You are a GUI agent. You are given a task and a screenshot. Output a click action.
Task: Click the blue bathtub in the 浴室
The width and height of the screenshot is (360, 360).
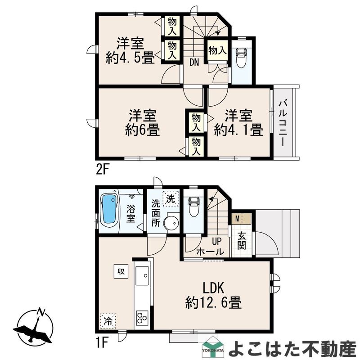tap(109, 209)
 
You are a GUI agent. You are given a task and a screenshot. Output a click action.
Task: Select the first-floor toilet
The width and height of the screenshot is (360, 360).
tap(193, 207)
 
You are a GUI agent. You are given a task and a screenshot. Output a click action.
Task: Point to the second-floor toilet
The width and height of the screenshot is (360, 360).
tap(241, 58)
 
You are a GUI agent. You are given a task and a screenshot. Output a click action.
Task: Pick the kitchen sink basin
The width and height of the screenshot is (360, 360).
tap(142, 275)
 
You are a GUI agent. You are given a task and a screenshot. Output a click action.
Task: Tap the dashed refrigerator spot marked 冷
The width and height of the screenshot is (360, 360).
tap(108, 321)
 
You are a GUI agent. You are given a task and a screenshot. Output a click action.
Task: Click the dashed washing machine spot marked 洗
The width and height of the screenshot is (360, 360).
tap(171, 199)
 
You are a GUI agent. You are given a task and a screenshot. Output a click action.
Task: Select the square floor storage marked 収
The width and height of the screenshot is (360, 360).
tap(121, 271)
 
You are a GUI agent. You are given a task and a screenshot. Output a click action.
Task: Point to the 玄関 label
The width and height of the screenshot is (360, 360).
tap(242, 241)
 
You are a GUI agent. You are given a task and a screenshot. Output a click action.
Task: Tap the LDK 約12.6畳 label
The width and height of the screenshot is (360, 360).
tap(213, 296)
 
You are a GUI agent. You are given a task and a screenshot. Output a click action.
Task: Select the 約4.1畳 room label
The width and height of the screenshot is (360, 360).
tap(238, 130)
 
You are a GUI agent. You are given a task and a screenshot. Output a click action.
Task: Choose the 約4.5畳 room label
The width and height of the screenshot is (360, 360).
tap(130, 58)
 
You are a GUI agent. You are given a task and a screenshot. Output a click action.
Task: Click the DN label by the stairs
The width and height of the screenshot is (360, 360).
tap(194, 62)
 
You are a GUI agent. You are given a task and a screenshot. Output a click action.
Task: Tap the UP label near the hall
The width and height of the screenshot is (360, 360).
tap(217, 241)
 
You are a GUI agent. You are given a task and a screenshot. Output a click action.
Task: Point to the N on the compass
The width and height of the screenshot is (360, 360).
tap(41, 312)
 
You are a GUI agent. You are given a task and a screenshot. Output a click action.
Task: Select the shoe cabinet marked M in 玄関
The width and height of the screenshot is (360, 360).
tap(242, 219)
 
